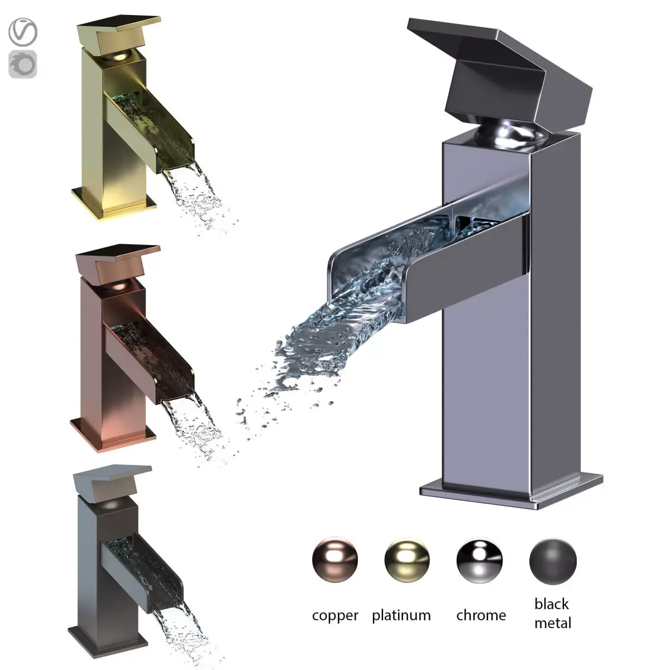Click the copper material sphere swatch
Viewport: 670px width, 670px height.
(x=335, y=560)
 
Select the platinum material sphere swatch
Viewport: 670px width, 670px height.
(x=407, y=560)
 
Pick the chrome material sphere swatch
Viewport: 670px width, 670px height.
(x=480, y=560)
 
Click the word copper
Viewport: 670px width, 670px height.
(x=335, y=616)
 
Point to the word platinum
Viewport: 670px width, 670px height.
(x=401, y=615)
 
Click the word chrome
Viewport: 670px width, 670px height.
(x=481, y=615)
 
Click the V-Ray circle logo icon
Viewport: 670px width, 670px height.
(x=23, y=32)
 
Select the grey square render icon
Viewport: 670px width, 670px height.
(x=23, y=64)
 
